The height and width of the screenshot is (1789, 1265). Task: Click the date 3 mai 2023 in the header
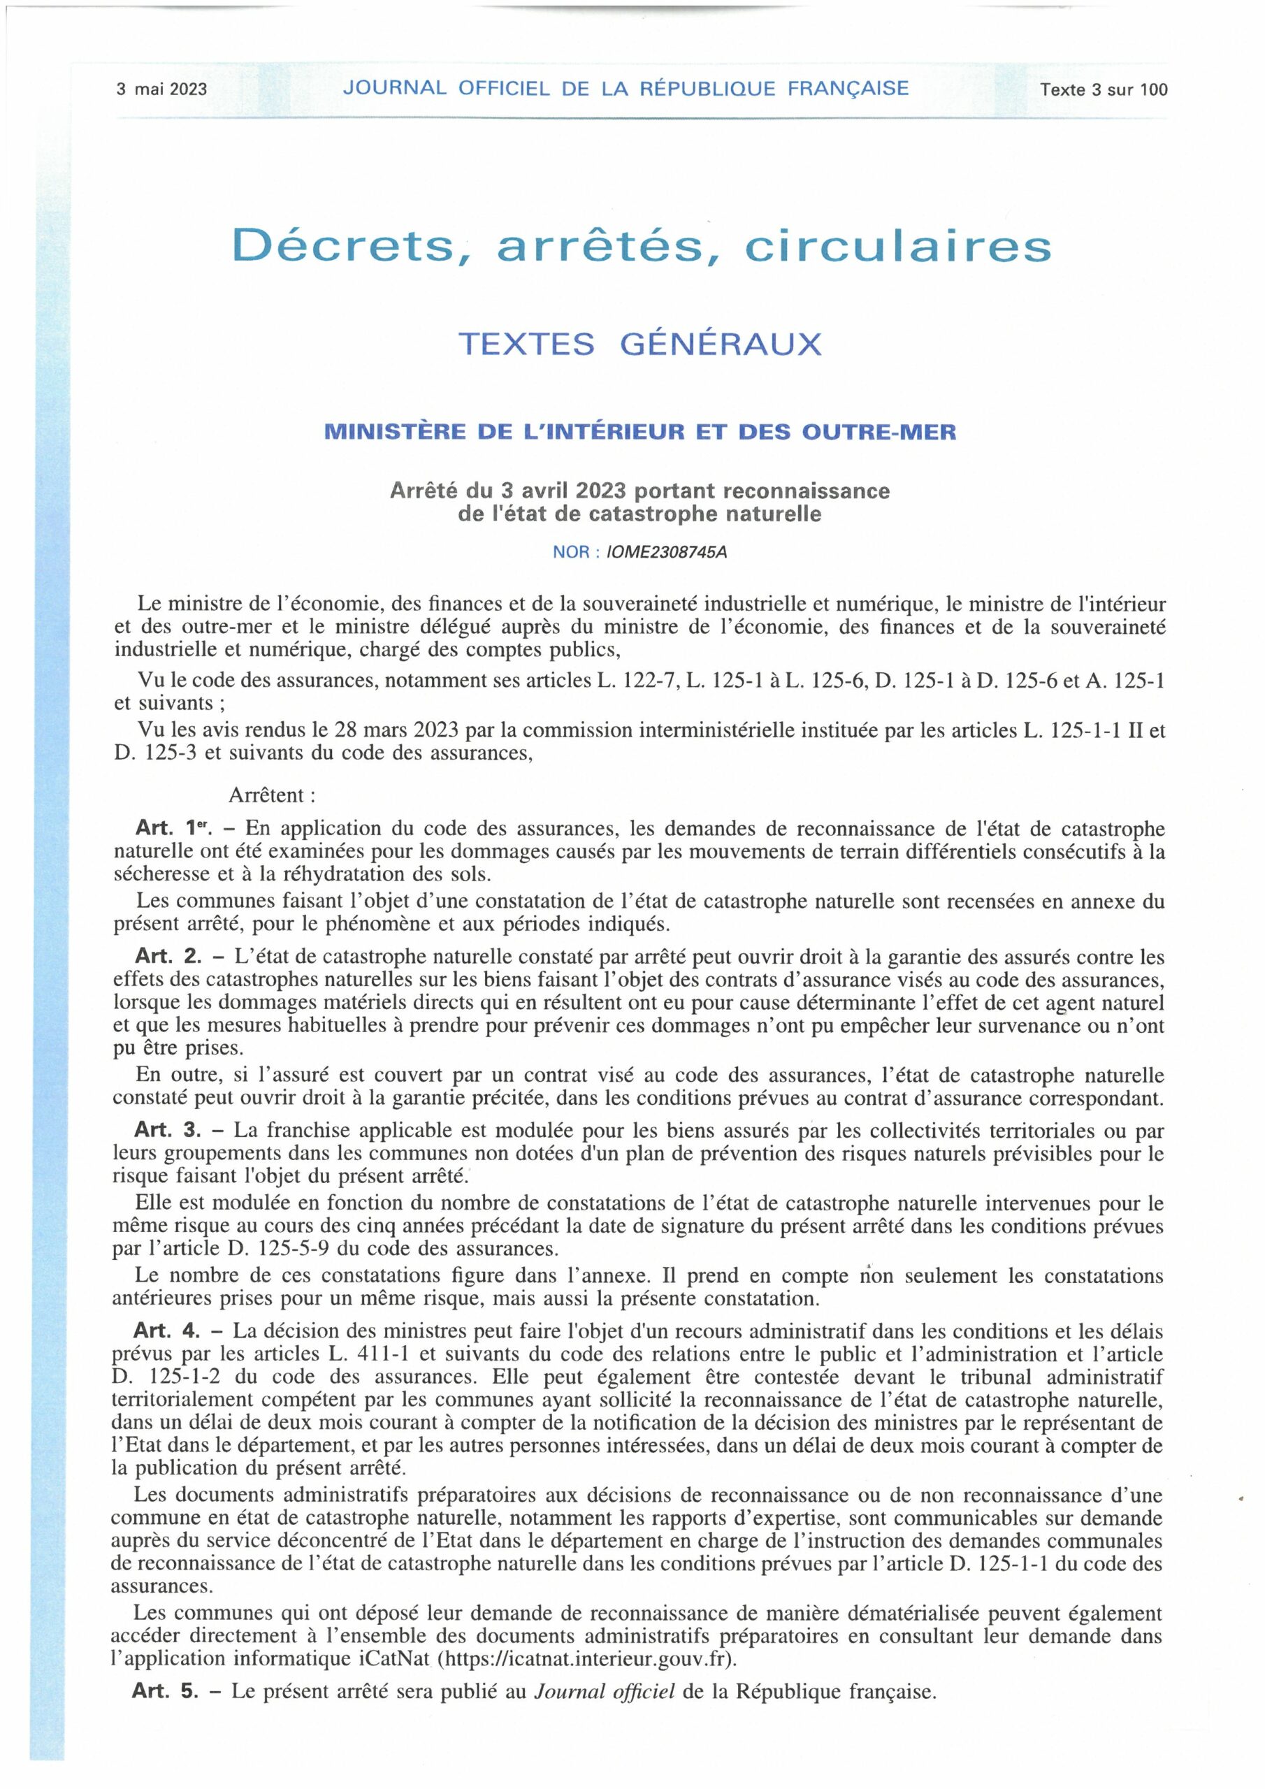click(161, 89)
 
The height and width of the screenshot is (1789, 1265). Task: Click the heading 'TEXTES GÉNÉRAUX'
click(640, 344)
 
